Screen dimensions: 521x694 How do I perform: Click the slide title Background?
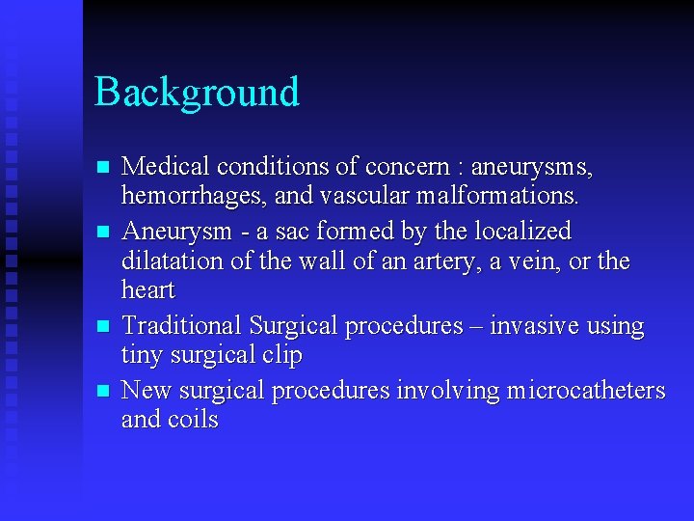coord(197,93)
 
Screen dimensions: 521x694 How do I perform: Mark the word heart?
coord(147,290)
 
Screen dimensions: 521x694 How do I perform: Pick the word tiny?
coord(142,356)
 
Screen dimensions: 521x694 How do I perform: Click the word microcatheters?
coord(585,390)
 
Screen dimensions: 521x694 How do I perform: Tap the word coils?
coord(193,420)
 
